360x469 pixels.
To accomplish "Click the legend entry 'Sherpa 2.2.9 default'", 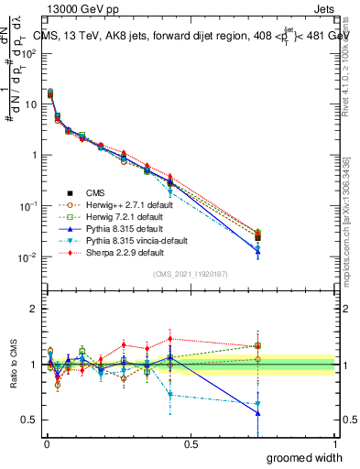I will coord(109,252).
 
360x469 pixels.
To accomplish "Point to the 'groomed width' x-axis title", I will coord(306,457).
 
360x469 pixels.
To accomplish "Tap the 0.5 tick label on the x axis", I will coord(191,444).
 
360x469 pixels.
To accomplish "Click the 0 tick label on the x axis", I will coord(47,444).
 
